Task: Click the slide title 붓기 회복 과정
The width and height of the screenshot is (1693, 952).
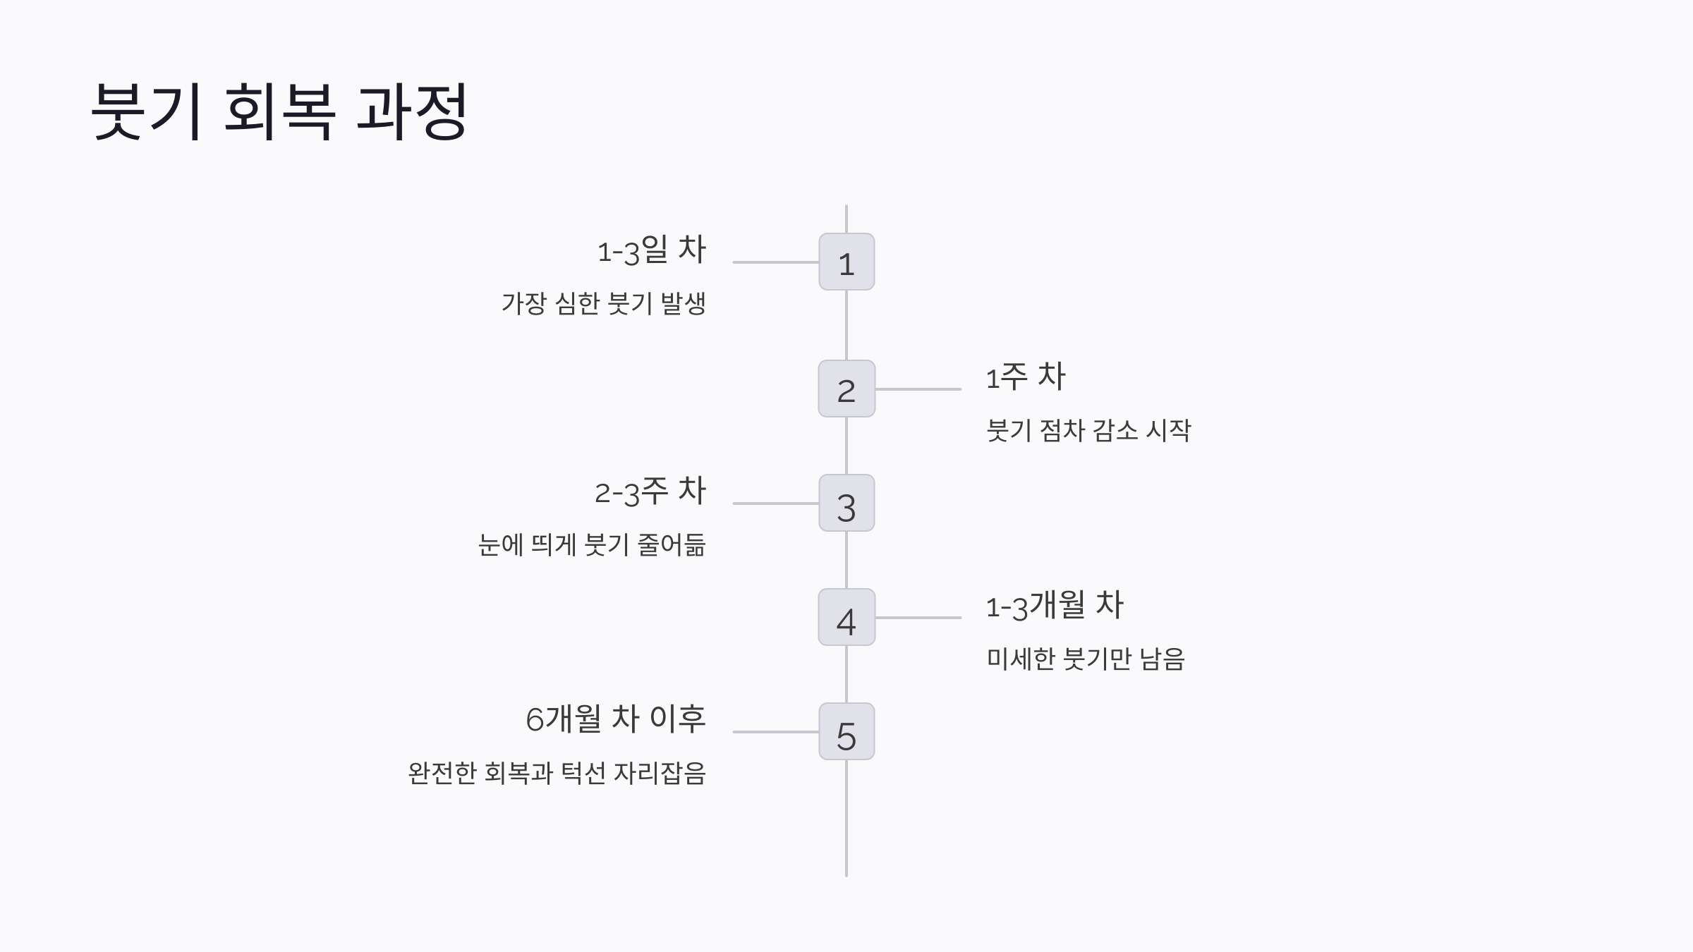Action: coord(279,111)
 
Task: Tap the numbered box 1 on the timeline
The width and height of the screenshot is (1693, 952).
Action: coord(846,262)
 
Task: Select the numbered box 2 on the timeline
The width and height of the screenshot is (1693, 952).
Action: coord(846,389)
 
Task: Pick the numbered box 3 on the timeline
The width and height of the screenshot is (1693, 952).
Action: coord(846,503)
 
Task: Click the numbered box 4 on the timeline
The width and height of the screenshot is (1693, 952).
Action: coord(846,617)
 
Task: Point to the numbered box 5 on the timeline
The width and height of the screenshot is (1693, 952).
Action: coord(846,731)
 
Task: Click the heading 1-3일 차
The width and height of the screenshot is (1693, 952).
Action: coord(652,250)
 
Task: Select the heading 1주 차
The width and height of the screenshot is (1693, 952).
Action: coord(1026,377)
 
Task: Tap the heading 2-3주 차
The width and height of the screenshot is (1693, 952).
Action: coord(650,491)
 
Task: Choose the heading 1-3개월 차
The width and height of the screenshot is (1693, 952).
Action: coord(1055,605)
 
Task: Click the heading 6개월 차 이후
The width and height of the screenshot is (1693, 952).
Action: coord(616,719)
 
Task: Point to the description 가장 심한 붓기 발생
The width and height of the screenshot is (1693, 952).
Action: coord(604,304)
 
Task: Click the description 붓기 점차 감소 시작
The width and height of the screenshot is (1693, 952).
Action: coord(1088,431)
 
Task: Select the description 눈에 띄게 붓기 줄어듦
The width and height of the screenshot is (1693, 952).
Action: coord(592,545)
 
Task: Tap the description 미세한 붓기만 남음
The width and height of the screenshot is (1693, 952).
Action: coord(1086,659)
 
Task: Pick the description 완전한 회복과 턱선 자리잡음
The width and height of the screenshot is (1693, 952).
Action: coord(557,774)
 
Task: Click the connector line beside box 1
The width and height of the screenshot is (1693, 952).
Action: coord(776,262)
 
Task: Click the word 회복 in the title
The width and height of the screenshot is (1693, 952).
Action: coord(279,111)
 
